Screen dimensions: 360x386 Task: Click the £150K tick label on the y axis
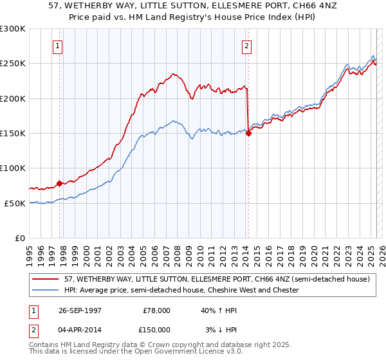point(12,133)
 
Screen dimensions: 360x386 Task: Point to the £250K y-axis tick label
point(12,64)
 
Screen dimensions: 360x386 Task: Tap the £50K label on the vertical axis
point(15,203)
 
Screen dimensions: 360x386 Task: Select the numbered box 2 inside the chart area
point(247,46)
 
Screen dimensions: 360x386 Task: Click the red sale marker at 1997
point(59,183)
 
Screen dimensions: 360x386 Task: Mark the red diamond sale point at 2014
point(248,133)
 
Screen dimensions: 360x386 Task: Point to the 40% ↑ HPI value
point(219,310)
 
